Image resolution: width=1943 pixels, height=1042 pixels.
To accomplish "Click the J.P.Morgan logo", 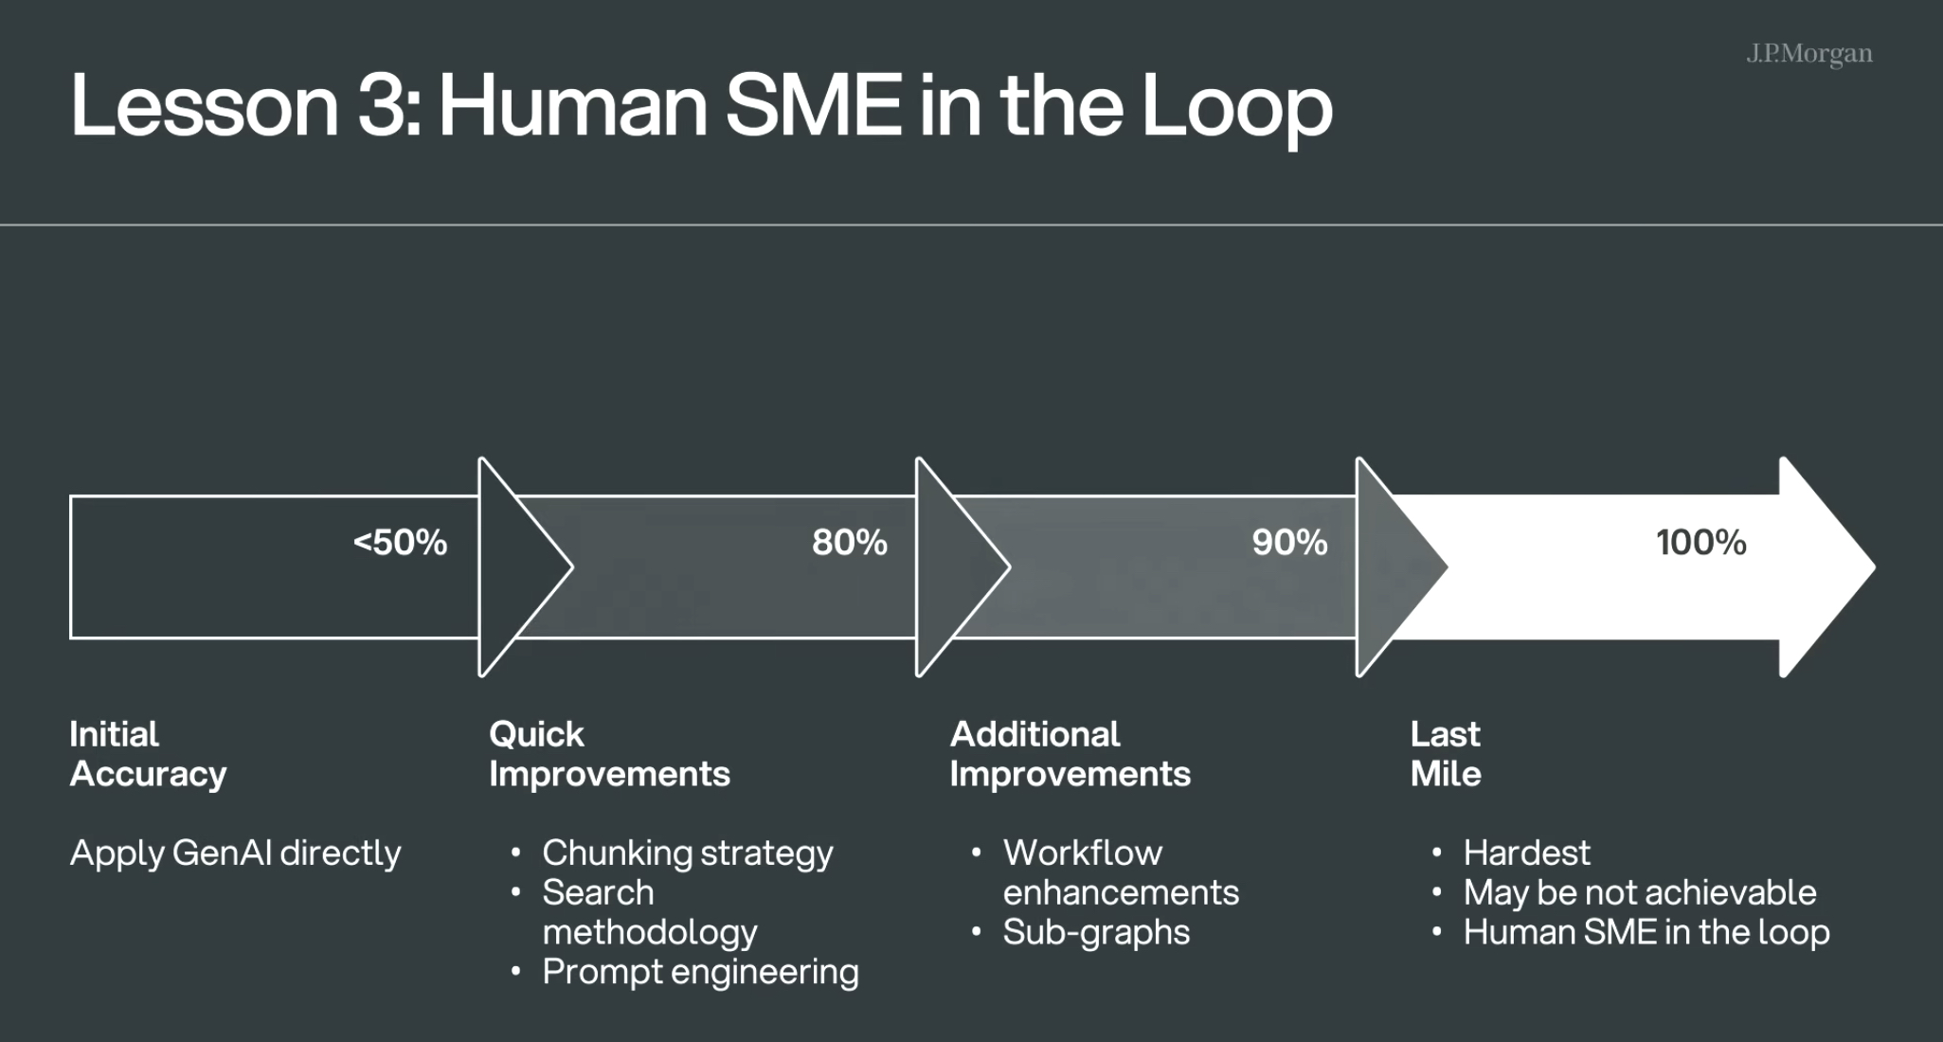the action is click(1809, 54).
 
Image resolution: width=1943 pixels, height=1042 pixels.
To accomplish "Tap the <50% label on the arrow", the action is click(400, 542).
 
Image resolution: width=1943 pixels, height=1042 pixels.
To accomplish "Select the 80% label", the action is click(849, 542).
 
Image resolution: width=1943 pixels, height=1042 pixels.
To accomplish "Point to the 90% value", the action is click(1289, 542).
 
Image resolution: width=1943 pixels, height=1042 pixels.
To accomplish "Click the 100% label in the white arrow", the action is click(1700, 542).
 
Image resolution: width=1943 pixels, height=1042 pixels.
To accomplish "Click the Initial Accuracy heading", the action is click(148, 754).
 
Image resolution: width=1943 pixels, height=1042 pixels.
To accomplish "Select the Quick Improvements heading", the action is click(609, 754).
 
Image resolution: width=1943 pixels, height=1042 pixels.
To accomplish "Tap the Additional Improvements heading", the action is click(1070, 754).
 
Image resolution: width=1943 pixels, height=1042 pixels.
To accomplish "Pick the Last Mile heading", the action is click(1446, 754).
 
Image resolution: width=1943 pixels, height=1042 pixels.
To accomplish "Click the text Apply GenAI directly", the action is click(235, 853).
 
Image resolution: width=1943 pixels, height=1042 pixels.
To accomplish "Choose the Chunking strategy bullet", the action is click(688, 853).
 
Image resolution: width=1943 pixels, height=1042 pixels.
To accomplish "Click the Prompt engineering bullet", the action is click(700, 972).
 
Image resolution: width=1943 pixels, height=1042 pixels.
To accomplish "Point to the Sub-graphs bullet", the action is click(1096, 932).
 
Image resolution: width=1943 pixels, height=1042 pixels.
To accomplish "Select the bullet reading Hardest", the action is click(1526, 853).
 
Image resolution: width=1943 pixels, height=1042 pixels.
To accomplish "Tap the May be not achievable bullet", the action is click(1640, 892).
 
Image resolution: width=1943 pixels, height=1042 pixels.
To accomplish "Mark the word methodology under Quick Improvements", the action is click(650, 932).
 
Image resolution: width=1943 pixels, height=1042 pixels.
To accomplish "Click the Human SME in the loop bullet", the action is click(1646, 932).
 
